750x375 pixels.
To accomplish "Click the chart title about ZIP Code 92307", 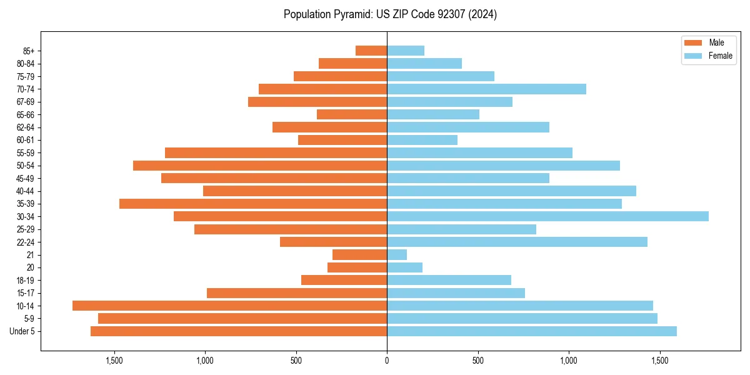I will [x=390, y=14].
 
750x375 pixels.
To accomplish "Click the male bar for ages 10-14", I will [x=229, y=306].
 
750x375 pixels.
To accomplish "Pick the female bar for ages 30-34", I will [x=547, y=216].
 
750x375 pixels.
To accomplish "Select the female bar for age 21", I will [x=397, y=254].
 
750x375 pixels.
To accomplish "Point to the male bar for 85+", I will [x=371, y=51].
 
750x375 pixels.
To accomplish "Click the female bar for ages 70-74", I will [x=486, y=89].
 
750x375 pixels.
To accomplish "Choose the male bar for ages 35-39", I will [x=253, y=204].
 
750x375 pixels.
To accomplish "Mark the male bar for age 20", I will [x=357, y=267].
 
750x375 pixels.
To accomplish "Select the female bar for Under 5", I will [x=532, y=331].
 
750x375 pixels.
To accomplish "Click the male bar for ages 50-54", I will [x=260, y=166].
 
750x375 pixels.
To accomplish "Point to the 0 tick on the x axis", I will [x=387, y=361].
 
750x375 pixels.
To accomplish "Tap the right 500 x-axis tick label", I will [x=478, y=361].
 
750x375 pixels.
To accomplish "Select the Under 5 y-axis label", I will [x=22, y=331].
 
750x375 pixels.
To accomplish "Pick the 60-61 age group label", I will [x=26, y=140].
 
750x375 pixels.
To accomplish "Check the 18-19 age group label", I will [x=26, y=280].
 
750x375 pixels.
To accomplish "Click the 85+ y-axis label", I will [x=29, y=51].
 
